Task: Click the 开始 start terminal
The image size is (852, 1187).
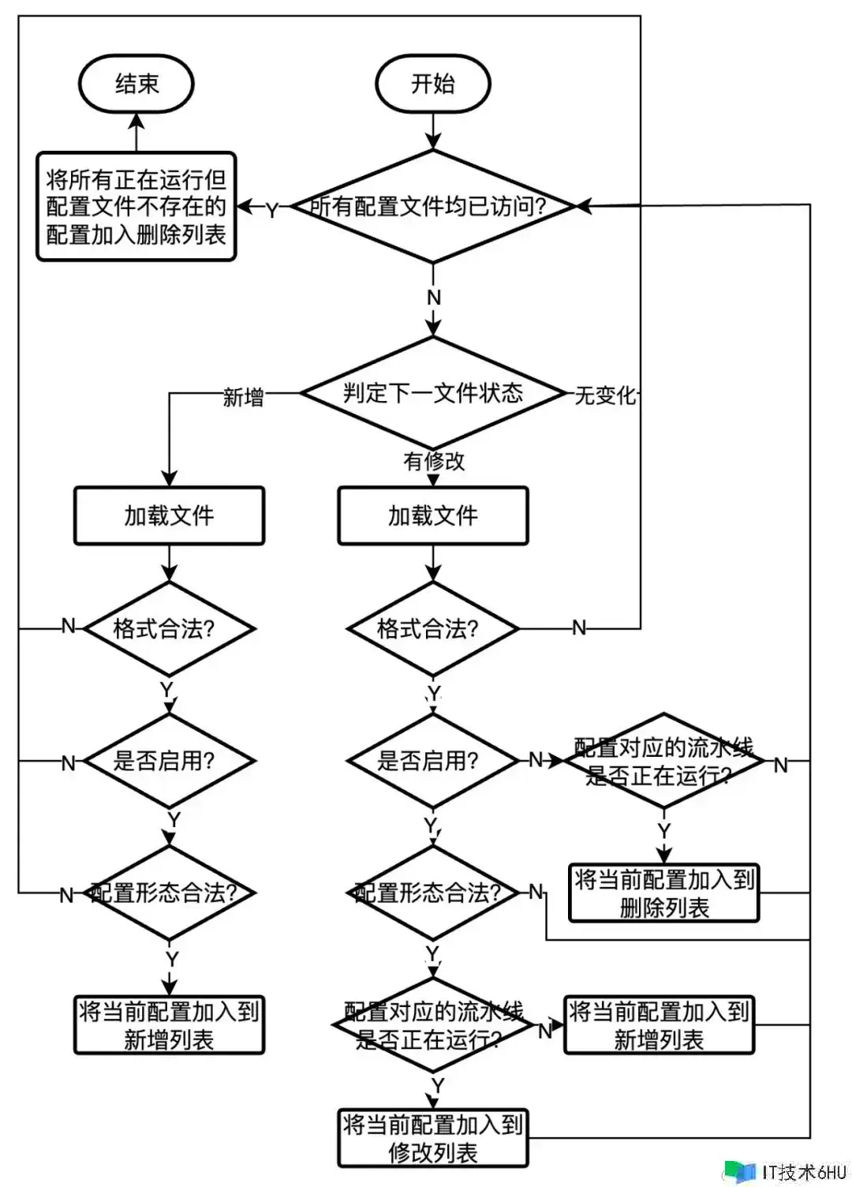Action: click(x=432, y=84)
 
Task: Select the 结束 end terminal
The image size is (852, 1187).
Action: click(x=136, y=84)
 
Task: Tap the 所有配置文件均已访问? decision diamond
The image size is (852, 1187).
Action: click(x=432, y=207)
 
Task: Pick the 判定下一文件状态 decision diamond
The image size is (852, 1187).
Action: click(x=432, y=393)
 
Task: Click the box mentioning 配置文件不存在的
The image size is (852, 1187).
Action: click(x=136, y=207)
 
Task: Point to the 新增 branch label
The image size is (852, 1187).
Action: click(x=243, y=396)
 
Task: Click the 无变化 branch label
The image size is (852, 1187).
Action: click(x=604, y=395)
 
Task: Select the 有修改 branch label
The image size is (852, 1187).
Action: click(x=434, y=461)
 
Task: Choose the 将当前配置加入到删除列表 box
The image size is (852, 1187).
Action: click(x=663, y=893)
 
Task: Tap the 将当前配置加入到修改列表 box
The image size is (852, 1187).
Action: click(x=432, y=1138)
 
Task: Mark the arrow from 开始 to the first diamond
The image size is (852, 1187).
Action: click(x=432, y=129)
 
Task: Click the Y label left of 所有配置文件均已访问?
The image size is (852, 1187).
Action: click(x=271, y=210)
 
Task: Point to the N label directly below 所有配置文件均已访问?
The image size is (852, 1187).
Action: click(x=433, y=298)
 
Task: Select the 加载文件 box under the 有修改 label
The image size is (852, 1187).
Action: click(x=432, y=515)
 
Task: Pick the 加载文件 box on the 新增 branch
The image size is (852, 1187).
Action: click(x=169, y=515)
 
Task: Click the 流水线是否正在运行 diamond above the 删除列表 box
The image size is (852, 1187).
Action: click(x=663, y=761)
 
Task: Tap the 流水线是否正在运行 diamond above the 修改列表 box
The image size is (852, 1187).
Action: click(x=432, y=1024)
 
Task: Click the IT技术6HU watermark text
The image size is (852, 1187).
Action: click(x=803, y=1171)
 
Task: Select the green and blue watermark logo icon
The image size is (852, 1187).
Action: click(x=739, y=1171)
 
